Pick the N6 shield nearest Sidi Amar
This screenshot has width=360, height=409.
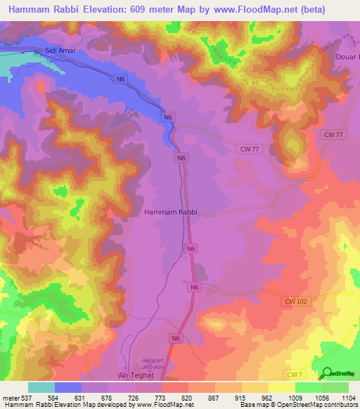point(122,79)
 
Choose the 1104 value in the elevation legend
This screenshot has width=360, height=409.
point(348,398)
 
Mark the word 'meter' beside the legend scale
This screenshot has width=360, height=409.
point(10,398)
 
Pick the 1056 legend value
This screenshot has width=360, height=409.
point(322,398)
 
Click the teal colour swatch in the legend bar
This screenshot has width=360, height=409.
point(41,387)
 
